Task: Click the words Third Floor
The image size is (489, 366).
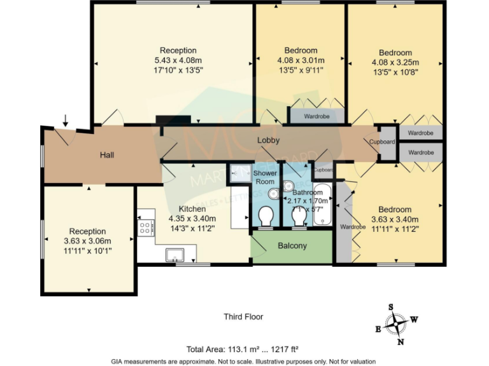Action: (243, 316)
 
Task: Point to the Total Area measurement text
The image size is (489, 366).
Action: (243, 349)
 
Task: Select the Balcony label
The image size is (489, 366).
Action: (292, 246)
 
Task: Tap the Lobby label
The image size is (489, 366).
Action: (268, 140)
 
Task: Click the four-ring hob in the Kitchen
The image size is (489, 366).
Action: (145, 227)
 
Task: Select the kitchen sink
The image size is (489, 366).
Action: (174, 255)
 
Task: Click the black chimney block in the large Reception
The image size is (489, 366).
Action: (173, 119)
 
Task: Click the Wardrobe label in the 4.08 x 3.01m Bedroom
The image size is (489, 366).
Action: (316, 116)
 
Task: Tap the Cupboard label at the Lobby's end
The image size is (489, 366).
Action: (382, 142)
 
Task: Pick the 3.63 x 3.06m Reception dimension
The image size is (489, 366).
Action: (88, 241)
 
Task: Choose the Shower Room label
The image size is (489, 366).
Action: (265, 177)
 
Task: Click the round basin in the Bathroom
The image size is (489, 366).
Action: (288, 186)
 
